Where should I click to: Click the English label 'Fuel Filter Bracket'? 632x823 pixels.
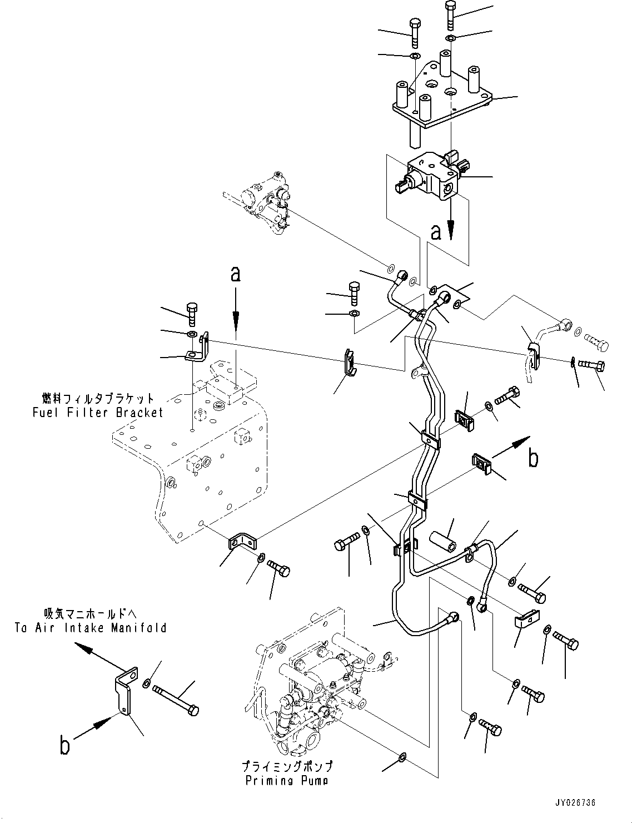point(98,413)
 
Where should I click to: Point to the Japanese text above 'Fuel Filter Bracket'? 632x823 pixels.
point(98,399)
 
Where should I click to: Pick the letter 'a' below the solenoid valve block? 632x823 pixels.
point(436,232)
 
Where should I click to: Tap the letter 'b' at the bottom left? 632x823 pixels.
point(65,745)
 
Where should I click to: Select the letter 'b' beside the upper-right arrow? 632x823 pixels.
point(533,458)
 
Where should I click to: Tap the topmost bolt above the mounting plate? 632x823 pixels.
point(450,15)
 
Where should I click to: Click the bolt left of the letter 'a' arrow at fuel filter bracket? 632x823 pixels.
point(193,314)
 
